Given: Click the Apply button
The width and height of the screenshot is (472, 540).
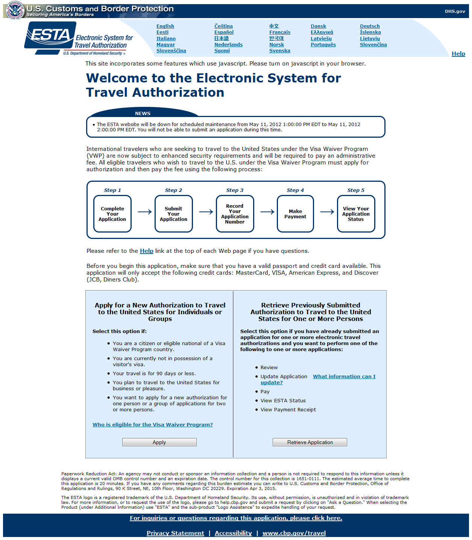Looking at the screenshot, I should point(159,442).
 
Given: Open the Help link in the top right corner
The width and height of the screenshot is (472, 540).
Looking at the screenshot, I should point(458,54).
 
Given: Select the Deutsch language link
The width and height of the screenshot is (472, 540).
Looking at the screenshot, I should point(370,26).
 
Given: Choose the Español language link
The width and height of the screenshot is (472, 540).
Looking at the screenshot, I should point(224,32).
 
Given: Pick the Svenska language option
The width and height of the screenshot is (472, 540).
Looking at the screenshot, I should point(279,51).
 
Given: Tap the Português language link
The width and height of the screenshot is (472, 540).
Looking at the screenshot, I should point(323,45).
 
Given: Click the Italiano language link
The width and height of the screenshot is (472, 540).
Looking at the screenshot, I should point(166,39).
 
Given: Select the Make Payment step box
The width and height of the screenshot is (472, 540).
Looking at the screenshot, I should point(295,214).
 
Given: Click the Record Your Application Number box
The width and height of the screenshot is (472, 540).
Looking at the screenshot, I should point(235,214).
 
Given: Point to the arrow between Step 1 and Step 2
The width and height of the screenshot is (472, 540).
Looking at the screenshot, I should point(144,212).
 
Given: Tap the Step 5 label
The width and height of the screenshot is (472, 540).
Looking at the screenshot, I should point(356,190).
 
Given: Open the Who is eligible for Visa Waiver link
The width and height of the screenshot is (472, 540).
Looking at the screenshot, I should point(153,425).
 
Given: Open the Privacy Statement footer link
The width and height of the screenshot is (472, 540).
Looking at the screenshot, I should point(175,533).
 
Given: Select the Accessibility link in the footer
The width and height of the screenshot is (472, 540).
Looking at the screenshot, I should point(233,533).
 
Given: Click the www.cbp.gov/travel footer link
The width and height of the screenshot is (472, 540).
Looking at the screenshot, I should point(294,533).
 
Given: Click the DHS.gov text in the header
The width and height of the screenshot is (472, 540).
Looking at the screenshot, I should point(455,11).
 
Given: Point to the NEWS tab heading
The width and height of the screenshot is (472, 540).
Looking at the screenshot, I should point(143,114).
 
